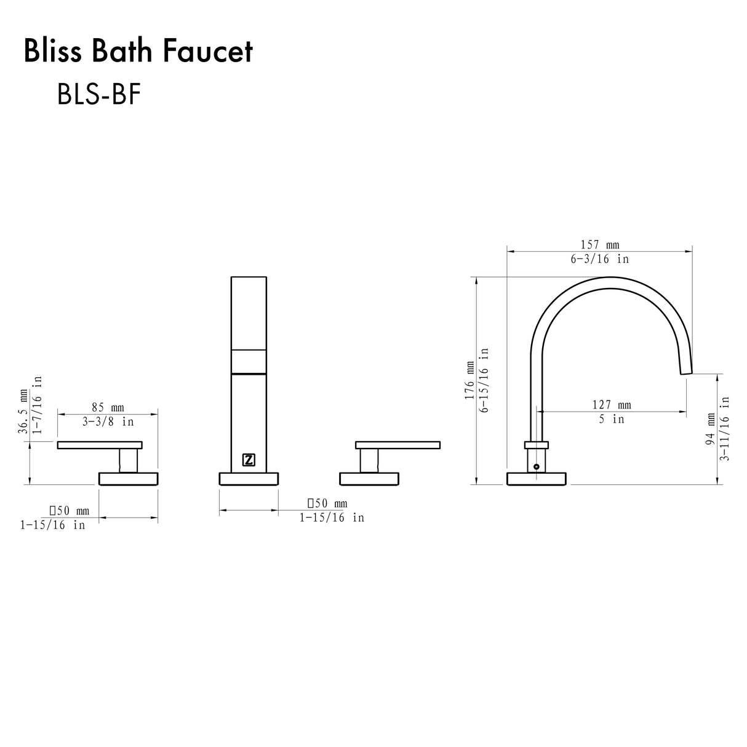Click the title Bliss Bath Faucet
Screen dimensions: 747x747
tap(138, 52)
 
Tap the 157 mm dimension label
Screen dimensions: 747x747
tap(599, 244)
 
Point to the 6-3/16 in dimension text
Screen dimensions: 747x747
tap(599, 259)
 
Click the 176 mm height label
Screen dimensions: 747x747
tap(470, 381)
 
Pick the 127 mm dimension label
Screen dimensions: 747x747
tap(611, 404)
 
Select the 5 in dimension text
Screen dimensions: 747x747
tap(611, 419)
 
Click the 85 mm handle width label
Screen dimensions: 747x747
tap(108, 407)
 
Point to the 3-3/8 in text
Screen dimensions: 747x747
tap(108, 422)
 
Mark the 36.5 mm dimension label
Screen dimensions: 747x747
tap(23, 411)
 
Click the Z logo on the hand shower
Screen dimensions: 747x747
tap(249, 460)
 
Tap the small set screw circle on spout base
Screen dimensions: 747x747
tap(536, 467)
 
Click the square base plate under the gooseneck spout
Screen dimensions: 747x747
tap(536, 479)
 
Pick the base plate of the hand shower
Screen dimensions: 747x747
tap(249, 479)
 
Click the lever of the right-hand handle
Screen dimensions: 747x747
tap(397, 444)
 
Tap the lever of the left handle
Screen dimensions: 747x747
tap(100, 444)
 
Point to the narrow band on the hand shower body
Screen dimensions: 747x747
tap(249, 361)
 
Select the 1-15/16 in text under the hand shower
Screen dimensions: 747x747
tap(332, 518)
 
